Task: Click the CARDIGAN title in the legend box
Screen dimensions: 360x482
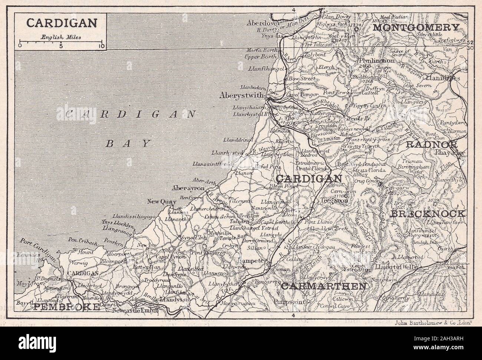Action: point(61,23)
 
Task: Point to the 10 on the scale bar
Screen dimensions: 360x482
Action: point(101,46)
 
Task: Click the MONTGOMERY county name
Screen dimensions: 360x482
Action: point(416,27)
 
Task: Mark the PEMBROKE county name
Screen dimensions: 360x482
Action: point(67,307)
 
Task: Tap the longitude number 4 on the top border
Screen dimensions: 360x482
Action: point(293,10)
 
